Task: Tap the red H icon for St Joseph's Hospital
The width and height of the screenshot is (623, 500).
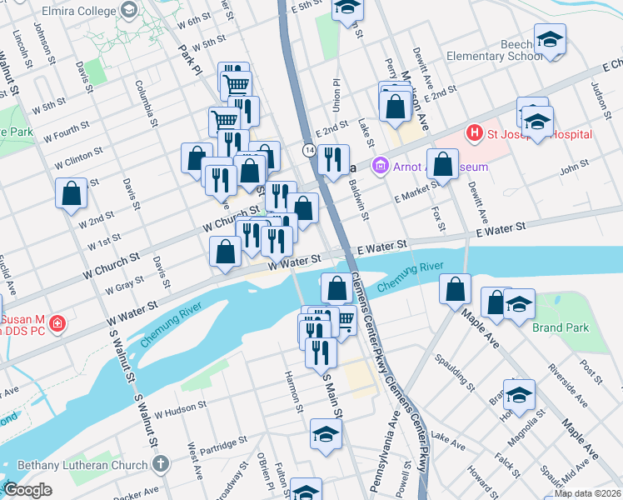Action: pyautogui.click(x=474, y=132)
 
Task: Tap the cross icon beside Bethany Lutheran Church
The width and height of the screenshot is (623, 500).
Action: pyautogui.click(x=161, y=462)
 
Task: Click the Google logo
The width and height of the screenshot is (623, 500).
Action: pyautogui.click(x=27, y=491)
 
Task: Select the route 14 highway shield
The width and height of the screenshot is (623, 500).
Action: pyautogui.click(x=309, y=150)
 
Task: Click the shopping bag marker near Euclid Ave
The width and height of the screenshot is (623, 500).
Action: pyautogui.click(x=72, y=193)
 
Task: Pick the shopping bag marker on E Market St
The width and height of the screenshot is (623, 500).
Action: pyautogui.click(x=443, y=164)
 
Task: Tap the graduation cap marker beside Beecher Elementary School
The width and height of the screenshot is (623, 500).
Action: pyautogui.click(x=550, y=38)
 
